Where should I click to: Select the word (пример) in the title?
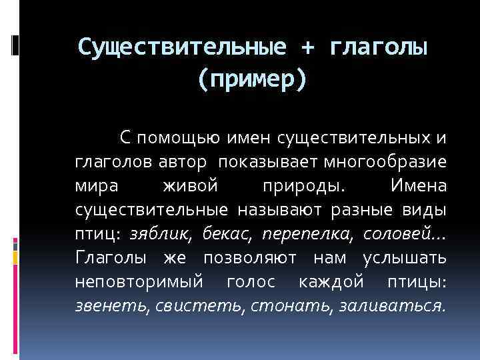point(253,79)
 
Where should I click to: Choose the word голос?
point(251,281)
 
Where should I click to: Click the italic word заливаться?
point(393,305)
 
